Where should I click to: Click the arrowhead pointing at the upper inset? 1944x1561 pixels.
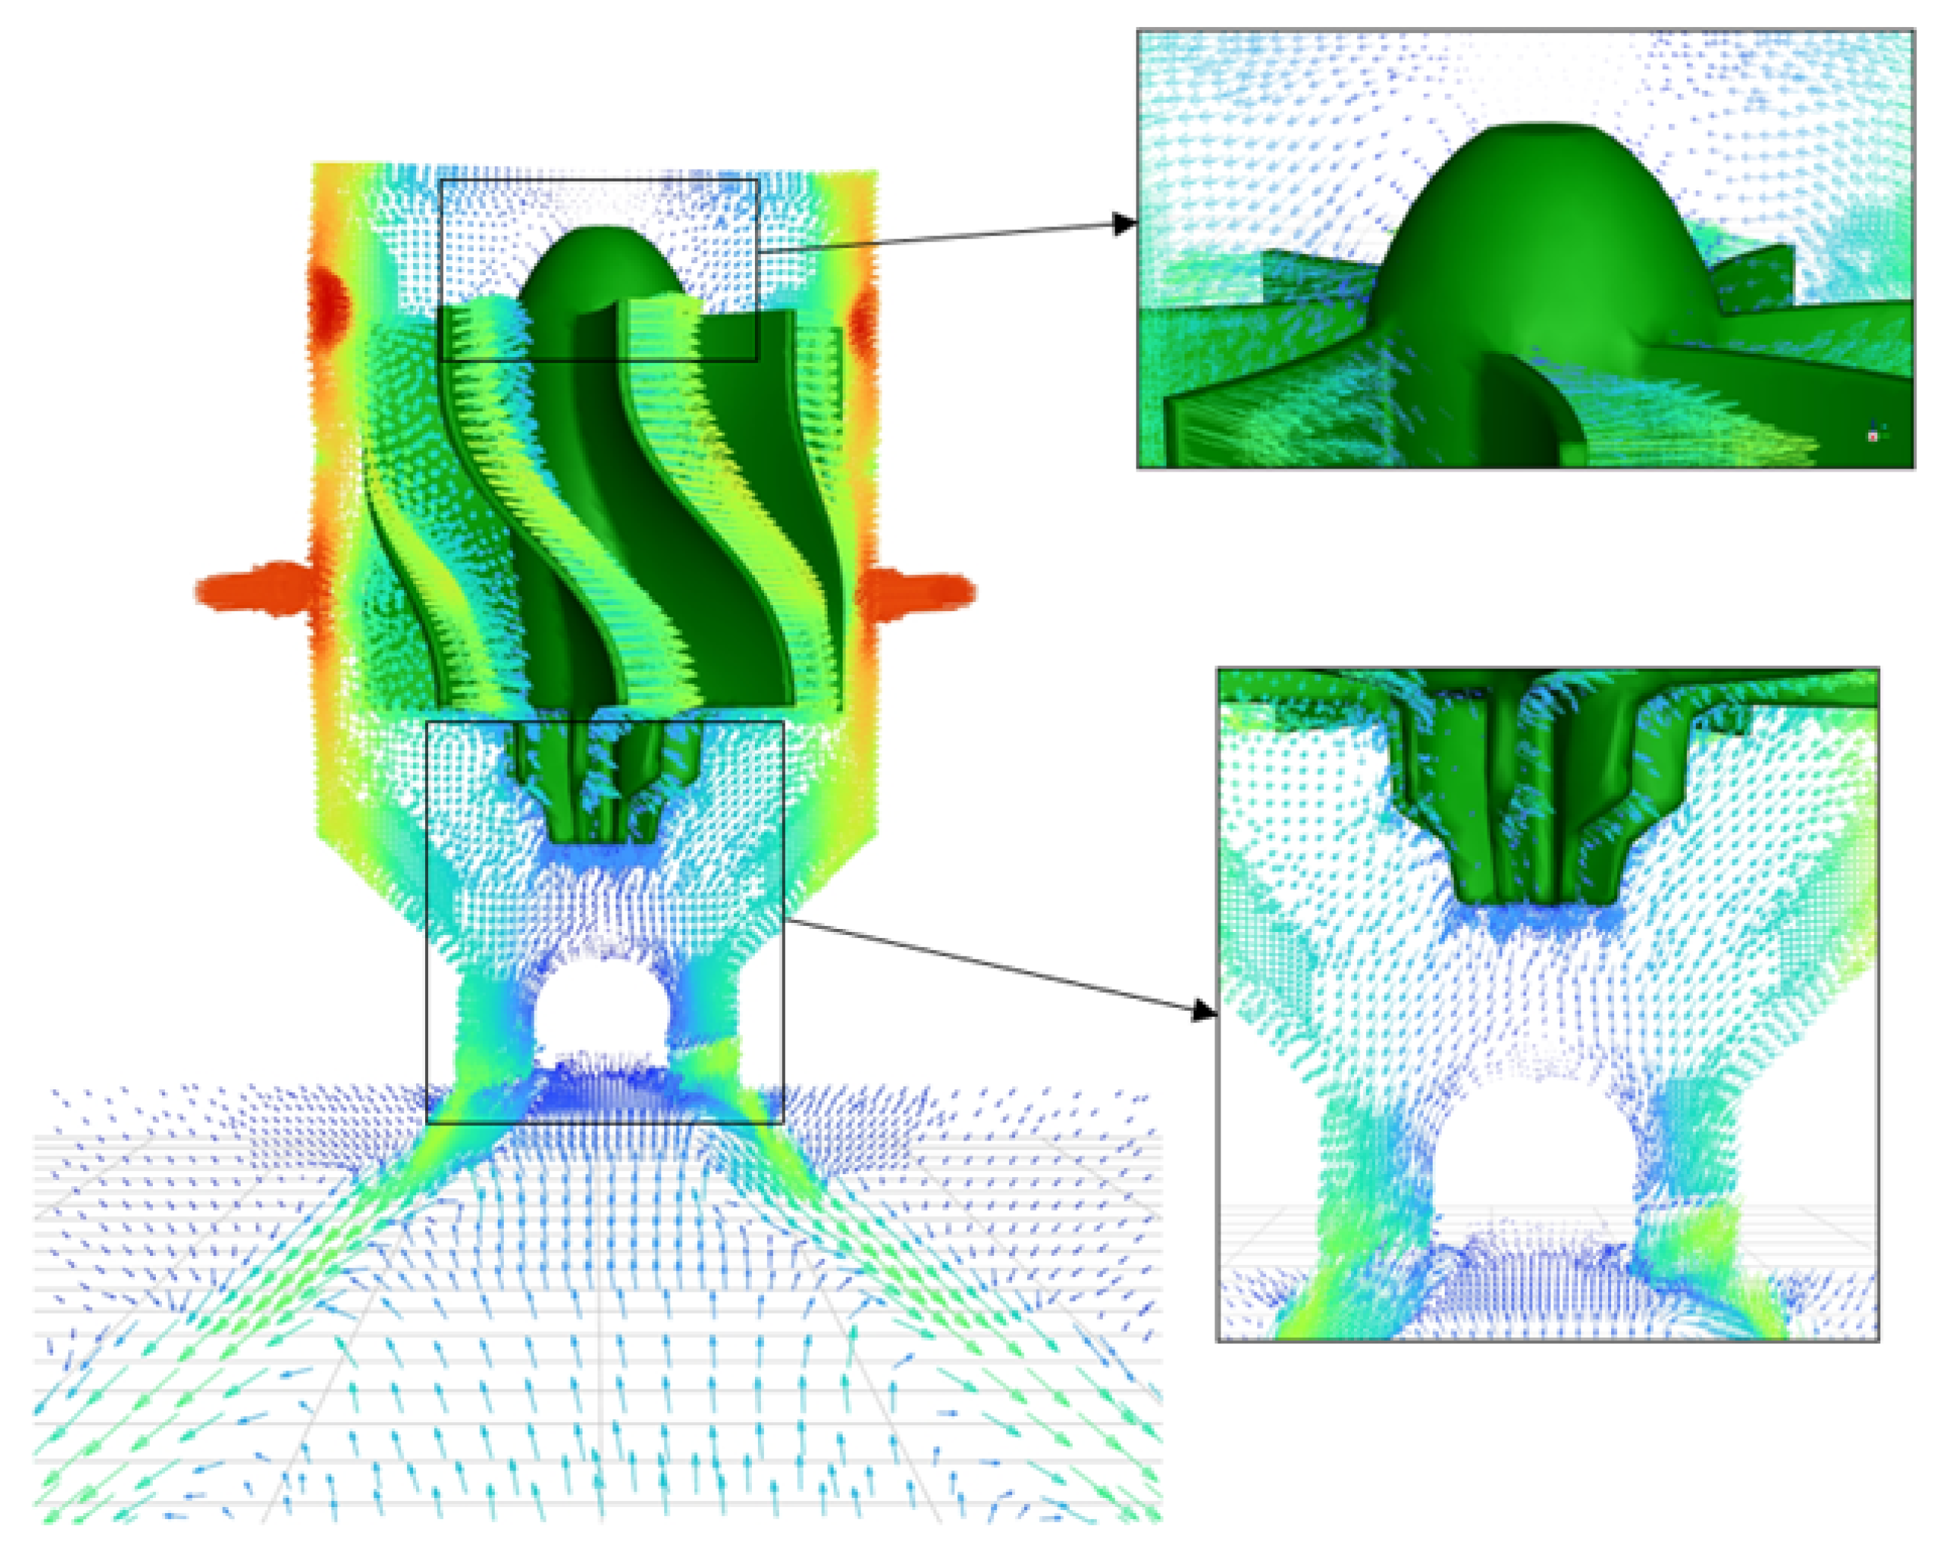(x=1125, y=223)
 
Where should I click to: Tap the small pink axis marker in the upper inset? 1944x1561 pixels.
(x=1873, y=436)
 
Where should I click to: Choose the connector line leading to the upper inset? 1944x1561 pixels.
(x=938, y=237)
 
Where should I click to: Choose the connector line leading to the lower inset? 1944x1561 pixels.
(x=992, y=965)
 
